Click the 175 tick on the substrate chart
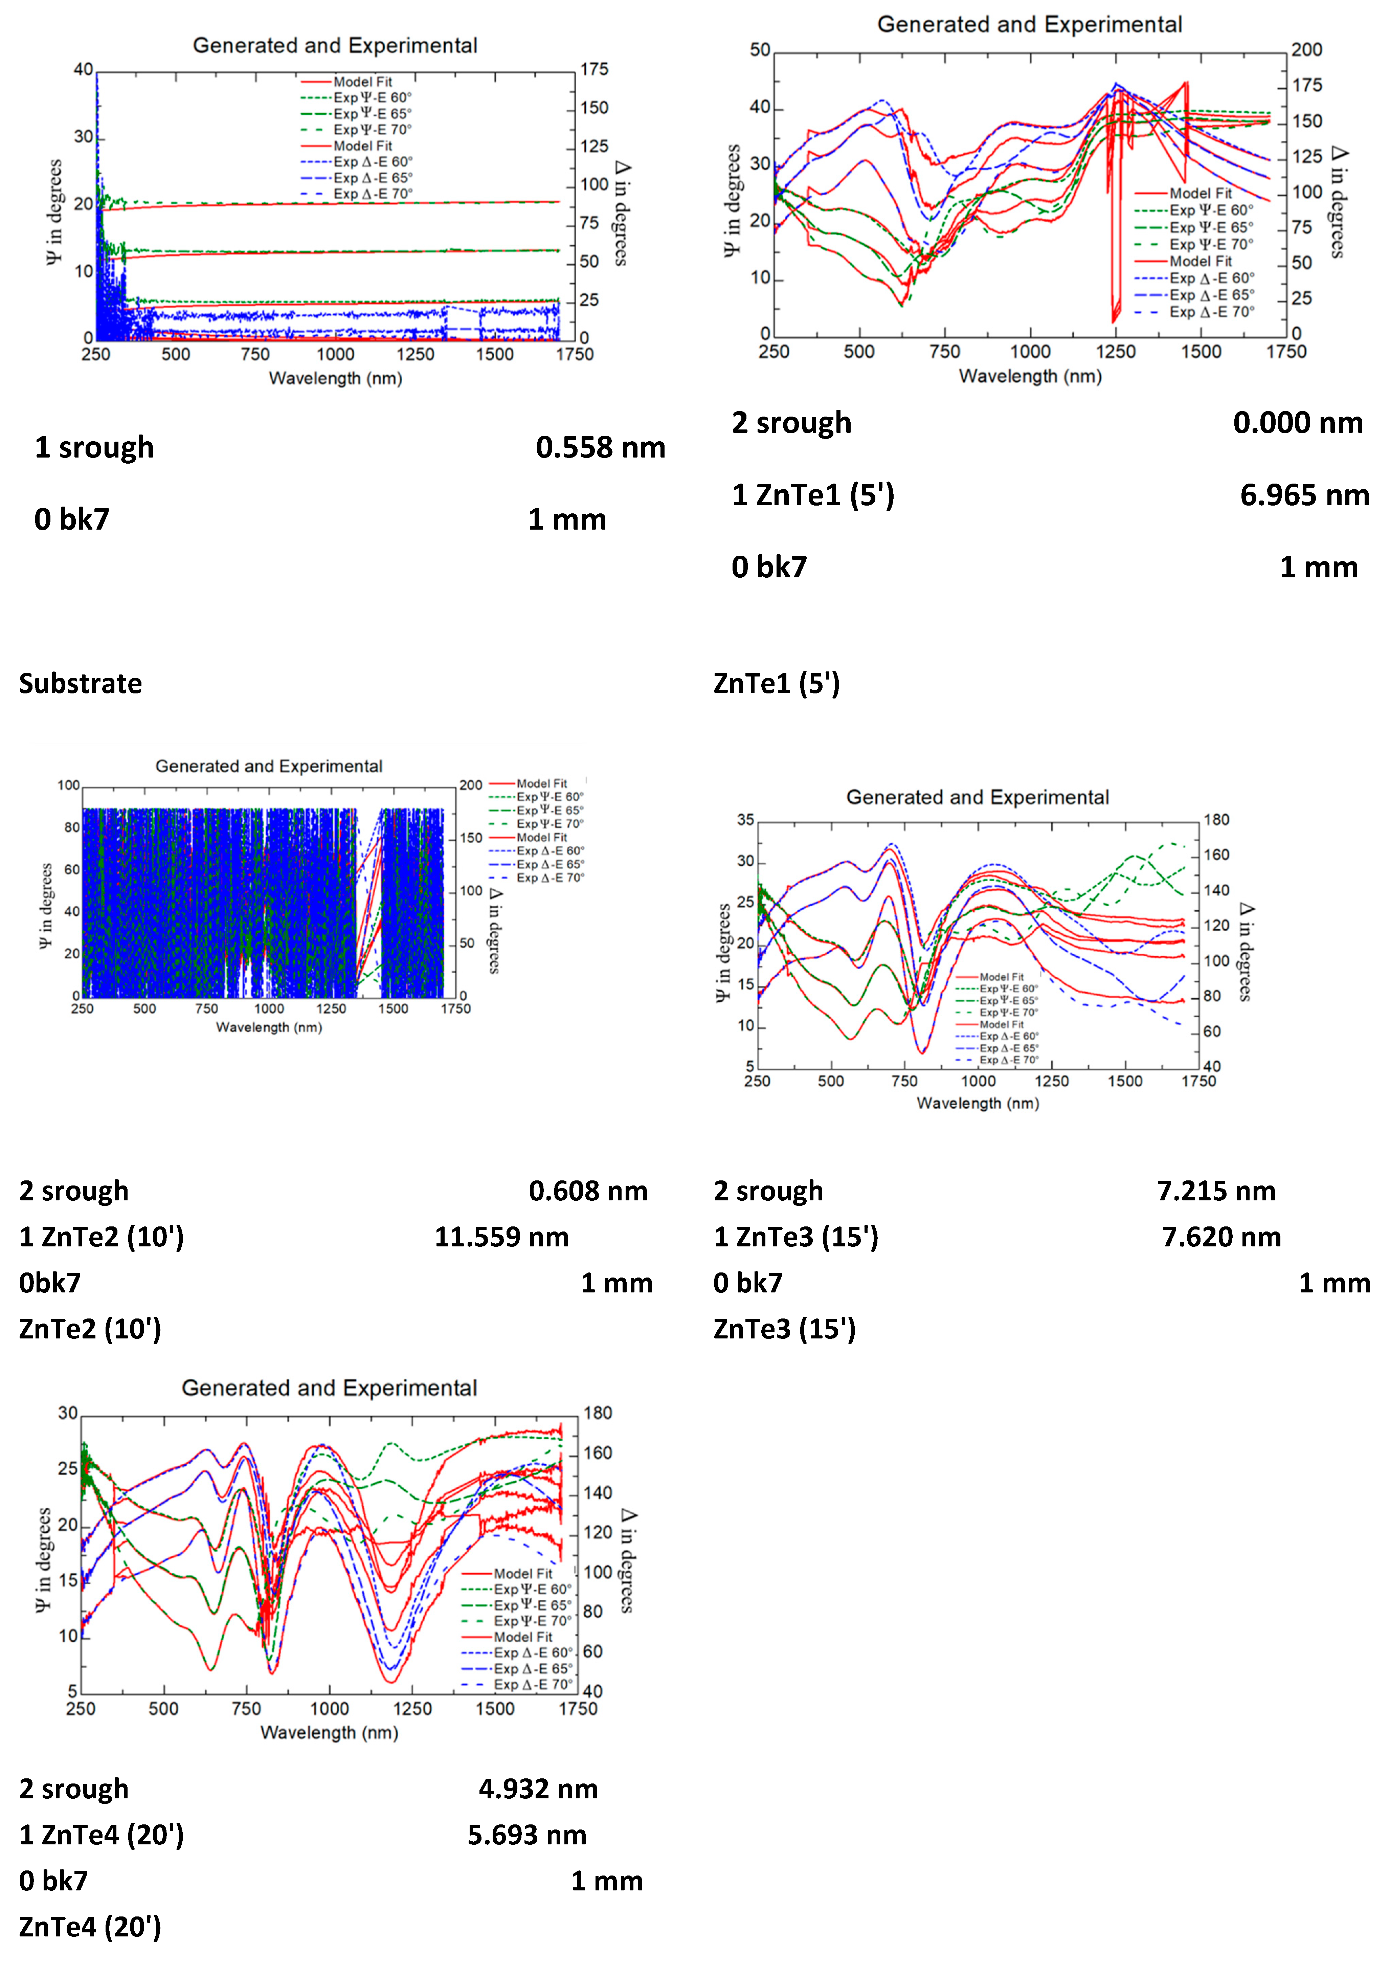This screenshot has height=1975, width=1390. click(x=593, y=70)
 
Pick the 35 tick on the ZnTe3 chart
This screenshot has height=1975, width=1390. click(x=745, y=820)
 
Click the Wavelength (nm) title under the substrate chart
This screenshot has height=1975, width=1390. click(x=335, y=378)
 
